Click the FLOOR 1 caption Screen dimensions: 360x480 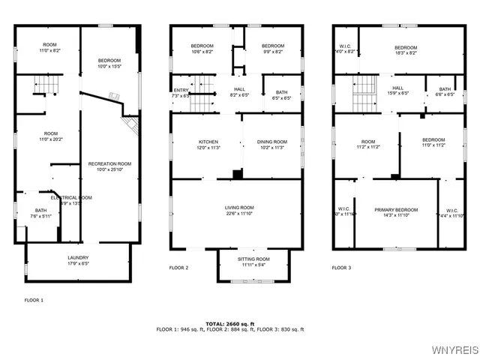tap(34, 300)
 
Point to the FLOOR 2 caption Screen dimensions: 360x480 tap(178, 268)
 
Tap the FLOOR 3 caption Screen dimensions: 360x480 tap(342, 268)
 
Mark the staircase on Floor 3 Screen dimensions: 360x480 tap(364, 93)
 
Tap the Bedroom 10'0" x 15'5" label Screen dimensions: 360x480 tap(109, 63)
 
